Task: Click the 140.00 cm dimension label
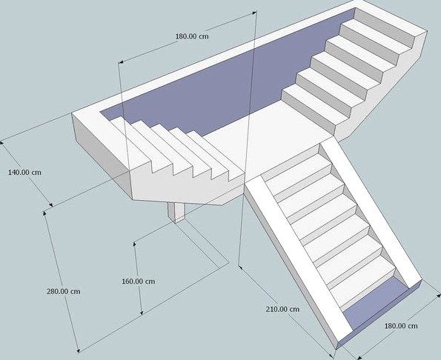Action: tap(24, 173)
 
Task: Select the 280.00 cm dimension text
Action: tap(63, 291)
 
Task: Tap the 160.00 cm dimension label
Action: tap(138, 281)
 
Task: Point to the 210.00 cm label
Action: tap(282, 310)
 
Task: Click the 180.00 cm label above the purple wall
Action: tap(192, 36)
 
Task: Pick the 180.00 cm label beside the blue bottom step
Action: tap(401, 326)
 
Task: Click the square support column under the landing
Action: tap(176, 212)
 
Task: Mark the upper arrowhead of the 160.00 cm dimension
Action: tap(135, 244)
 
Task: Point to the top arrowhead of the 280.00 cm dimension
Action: tap(44, 213)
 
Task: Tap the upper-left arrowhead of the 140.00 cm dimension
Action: tap(2, 143)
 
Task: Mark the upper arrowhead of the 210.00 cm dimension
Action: tap(240, 267)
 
